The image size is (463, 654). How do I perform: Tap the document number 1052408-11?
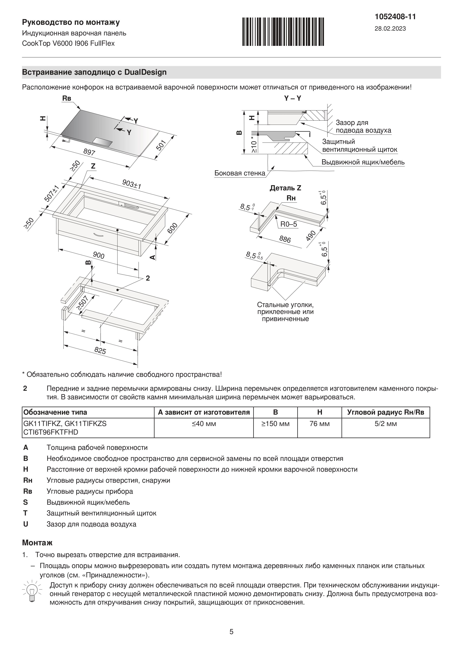pyautogui.click(x=395, y=17)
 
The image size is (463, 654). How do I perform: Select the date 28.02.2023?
pyautogui.click(x=390, y=29)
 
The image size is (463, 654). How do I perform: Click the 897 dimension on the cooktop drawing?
pyautogui.click(x=89, y=152)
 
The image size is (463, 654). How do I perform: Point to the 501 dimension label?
pyautogui.click(x=161, y=145)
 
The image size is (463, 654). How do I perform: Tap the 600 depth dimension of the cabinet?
pyautogui.click(x=172, y=228)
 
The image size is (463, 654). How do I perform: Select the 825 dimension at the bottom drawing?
pyautogui.click(x=100, y=351)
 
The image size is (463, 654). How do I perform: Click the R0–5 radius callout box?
pyautogui.click(x=289, y=224)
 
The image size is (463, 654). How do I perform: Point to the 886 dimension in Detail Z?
pyautogui.click(x=285, y=239)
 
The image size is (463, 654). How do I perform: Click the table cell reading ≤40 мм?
pyautogui.click(x=204, y=424)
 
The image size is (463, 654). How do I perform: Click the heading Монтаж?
pyautogui.click(x=37, y=543)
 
